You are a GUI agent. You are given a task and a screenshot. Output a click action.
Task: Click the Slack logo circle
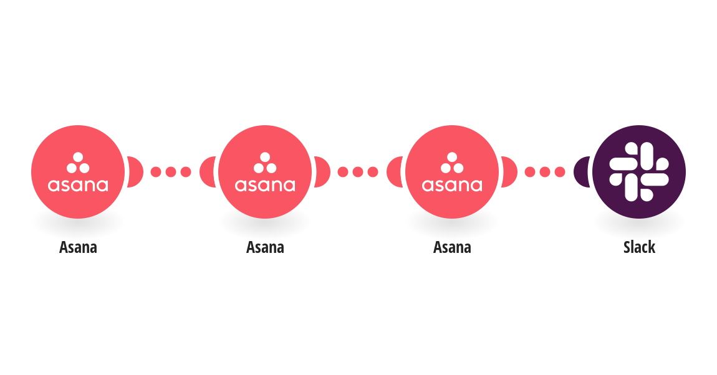pyautogui.click(x=639, y=172)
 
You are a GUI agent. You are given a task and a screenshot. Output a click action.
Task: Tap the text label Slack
pyautogui.click(x=639, y=247)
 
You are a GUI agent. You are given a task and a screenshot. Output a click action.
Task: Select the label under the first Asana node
pyautogui.click(x=78, y=247)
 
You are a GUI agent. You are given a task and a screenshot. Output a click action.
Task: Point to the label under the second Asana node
pyautogui.click(x=265, y=247)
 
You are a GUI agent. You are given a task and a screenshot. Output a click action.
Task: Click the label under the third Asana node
pyautogui.click(x=452, y=247)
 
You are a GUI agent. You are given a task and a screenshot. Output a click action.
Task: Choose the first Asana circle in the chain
pyautogui.click(x=78, y=172)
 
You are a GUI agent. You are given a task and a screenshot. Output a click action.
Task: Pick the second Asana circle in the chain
pyautogui.click(x=265, y=172)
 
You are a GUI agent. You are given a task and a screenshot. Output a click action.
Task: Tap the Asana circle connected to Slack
pyautogui.click(x=452, y=172)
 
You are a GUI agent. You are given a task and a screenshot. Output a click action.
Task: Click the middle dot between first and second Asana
pyautogui.click(x=171, y=172)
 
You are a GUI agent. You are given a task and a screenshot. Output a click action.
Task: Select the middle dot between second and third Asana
pyautogui.click(x=358, y=172)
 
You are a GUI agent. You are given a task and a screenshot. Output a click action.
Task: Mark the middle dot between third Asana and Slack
pyautogui.click(x=545, y=172)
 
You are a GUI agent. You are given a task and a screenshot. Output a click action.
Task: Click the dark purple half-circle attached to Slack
pyautogui.click(x=582, y=172)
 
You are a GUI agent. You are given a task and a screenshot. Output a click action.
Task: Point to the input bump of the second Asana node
pyautogui.click(x=208, y=172)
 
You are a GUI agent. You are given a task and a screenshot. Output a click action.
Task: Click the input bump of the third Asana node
pyautogui.click(x=395, y=172)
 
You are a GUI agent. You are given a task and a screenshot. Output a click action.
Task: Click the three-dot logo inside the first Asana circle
pyautogui.click(x=78, y=163)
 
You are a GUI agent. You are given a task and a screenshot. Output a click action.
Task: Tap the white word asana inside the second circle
pyautogui.click(x=265, y=185)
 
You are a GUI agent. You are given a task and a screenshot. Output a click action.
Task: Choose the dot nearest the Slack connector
pyautogui.click(x=560, y=172)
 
